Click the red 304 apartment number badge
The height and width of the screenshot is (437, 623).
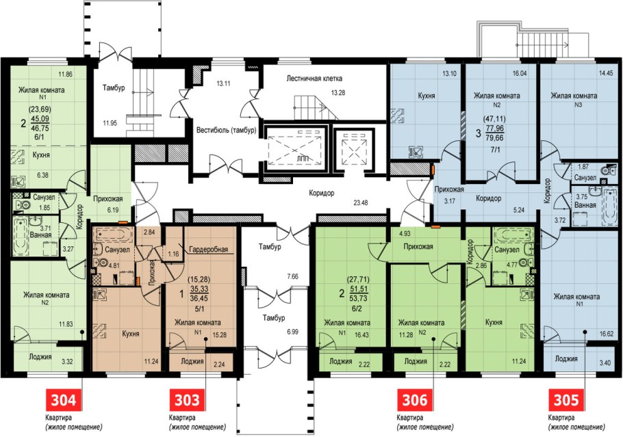64,399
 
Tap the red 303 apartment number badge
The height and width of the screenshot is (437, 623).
188,399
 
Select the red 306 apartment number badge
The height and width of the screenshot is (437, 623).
415,399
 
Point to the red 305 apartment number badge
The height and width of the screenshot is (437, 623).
566,399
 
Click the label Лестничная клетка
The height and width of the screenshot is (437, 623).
314,78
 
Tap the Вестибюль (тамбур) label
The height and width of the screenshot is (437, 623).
227,130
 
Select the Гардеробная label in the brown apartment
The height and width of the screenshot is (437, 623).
209,249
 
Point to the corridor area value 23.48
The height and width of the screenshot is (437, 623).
360,202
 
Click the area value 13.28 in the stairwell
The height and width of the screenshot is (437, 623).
338,93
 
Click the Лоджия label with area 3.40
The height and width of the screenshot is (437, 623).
565,359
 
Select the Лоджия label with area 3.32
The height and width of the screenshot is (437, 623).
40,357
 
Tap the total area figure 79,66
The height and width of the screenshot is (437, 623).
495,137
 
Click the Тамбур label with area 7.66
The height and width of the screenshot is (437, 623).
270,247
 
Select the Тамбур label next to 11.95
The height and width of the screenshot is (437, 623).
114,88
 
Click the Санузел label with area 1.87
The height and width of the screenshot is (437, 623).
585,177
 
